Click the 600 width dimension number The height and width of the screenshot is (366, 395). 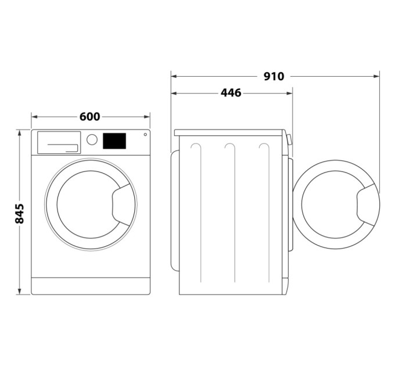coord(90,117)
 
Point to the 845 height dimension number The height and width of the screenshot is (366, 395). coord(20,213)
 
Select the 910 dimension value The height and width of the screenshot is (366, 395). coord(274,76)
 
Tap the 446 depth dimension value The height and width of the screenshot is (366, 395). coord(231,93)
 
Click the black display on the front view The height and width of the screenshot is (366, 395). coord(114,141)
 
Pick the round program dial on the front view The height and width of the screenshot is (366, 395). coord(92,139)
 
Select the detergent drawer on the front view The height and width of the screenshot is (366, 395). coord(59,142)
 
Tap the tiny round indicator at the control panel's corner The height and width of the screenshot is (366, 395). coord(145,135)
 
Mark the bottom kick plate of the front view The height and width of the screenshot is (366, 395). coord(90,286)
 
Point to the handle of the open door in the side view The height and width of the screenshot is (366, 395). coord(368,203)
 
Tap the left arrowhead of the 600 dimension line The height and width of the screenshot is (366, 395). coord(34,117)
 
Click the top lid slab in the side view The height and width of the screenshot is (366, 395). coord(229,132)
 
